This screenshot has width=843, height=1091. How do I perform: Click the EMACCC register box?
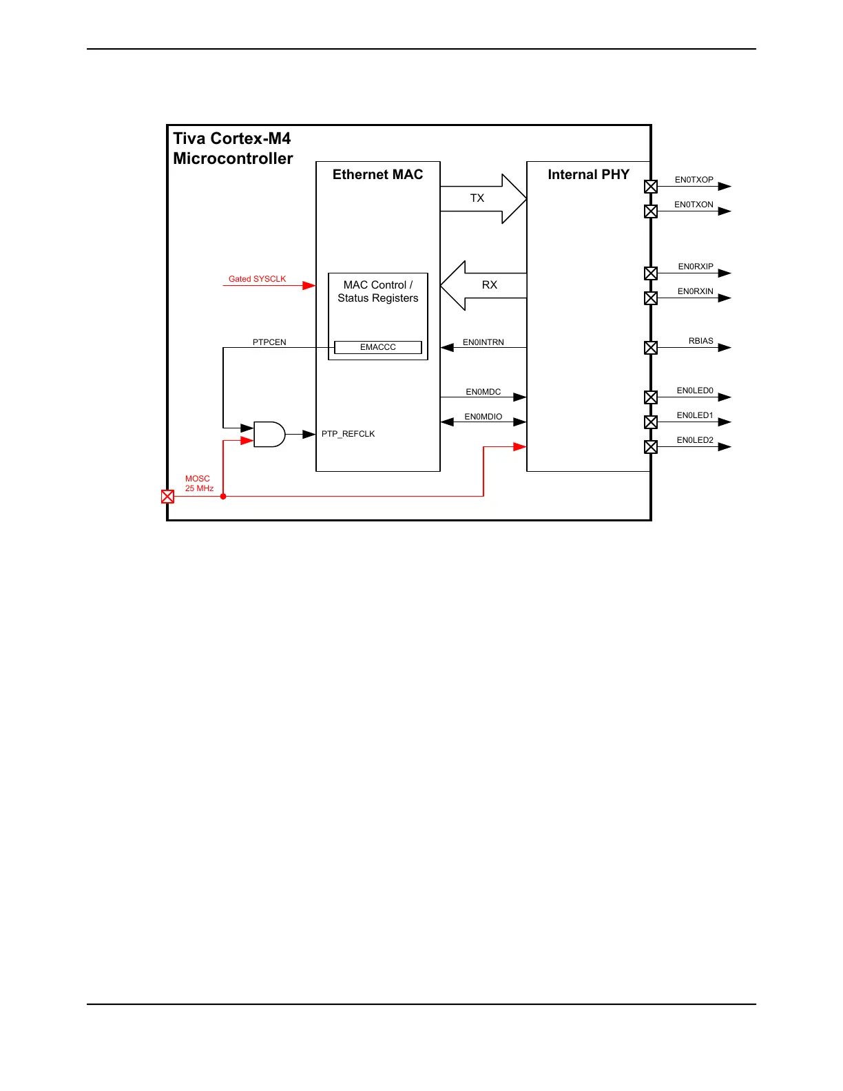[377, 347]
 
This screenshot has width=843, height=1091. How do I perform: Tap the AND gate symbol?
[269, 434]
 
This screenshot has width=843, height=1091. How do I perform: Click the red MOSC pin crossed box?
[167, 496]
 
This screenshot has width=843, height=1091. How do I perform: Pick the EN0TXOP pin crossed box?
[651, 186]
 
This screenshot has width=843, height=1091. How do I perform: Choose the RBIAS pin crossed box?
[651, 347]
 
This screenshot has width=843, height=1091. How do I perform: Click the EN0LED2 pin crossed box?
[651, 446]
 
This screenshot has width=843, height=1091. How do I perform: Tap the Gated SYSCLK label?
[257, 279]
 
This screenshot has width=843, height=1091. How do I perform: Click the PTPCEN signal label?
[269, 342]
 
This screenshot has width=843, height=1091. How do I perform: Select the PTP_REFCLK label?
[348, 434]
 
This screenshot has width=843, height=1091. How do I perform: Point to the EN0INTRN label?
[483, 342]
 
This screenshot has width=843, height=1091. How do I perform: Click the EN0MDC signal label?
[483, 392]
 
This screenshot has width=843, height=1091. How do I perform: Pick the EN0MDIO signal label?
[483, 417]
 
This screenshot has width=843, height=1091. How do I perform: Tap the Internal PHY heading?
[588, 175]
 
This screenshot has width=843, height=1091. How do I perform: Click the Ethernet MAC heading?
[377, 175]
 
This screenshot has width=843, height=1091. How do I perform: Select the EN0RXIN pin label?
[696, 291]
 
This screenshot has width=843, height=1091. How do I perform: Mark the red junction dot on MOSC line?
[223, 496]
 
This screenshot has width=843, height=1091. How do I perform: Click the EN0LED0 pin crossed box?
[651, 397]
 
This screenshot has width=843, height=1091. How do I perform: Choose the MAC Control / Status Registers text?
[377, 291]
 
